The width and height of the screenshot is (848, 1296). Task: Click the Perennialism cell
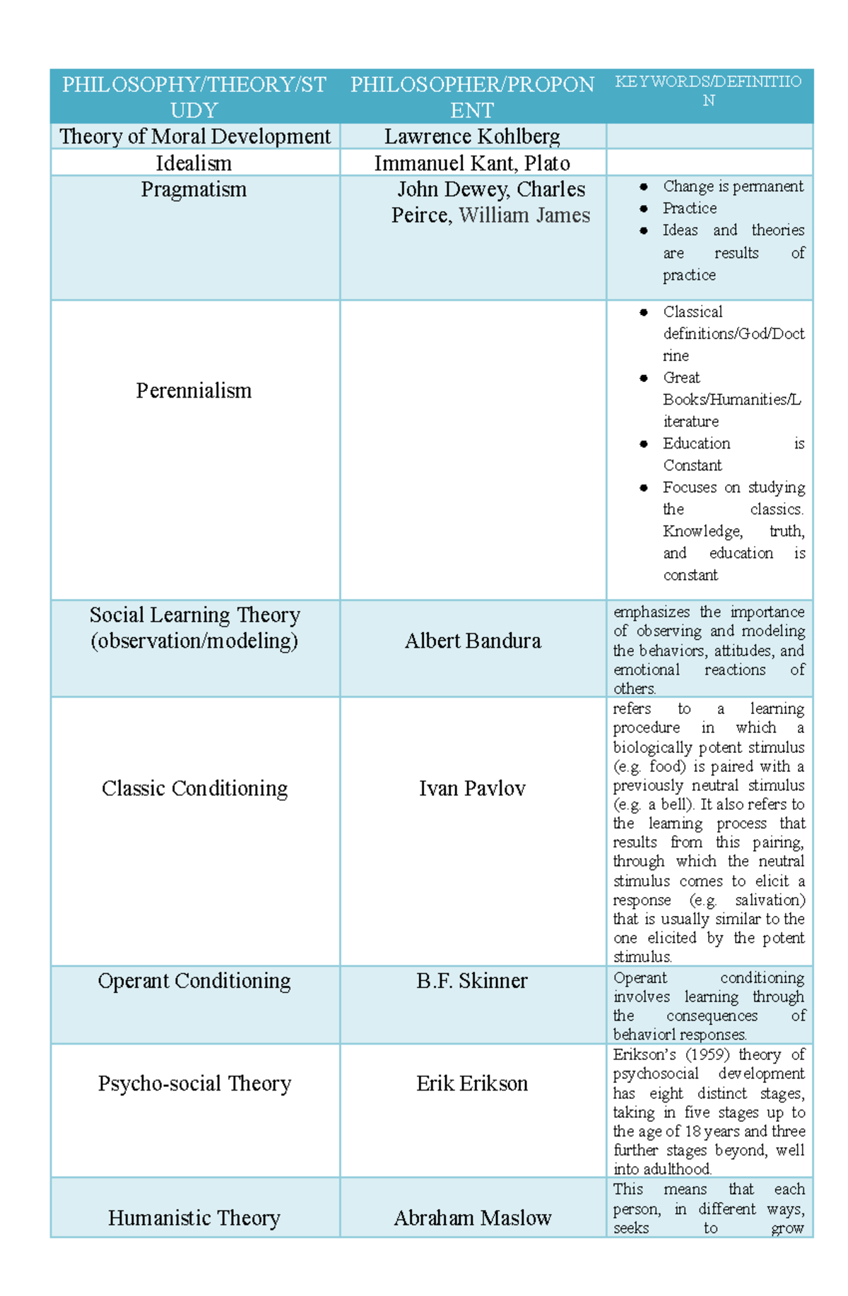coord(194,391)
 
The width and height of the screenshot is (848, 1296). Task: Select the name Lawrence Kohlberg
coord(472,136)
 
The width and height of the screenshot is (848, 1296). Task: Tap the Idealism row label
coord(194,163)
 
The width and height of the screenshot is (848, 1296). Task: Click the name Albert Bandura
coord(473,641)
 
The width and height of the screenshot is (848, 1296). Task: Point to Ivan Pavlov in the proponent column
coord(472,788)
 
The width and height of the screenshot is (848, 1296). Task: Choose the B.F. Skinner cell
coord(471,980)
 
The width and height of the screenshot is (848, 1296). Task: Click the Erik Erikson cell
coord(472,1083)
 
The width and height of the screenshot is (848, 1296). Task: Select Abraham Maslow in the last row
coord(472,1218)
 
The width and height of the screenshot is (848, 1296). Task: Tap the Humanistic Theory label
coord(194,1218)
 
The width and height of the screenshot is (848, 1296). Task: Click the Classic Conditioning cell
coord(194,788)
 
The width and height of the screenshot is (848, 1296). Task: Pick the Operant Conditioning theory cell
coord(194,980)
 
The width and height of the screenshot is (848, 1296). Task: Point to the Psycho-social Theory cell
coord(194,1083)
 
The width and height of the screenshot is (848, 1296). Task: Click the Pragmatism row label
coord(194,189)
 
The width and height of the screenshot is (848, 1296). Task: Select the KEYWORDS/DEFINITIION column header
coord(708,90)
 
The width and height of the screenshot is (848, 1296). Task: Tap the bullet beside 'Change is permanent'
coord(644,187)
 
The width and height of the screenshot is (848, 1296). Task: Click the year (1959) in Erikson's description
coord(707,1054)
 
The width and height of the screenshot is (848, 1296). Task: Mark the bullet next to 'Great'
coord(644,378)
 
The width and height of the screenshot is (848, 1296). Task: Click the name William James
coord(524,215)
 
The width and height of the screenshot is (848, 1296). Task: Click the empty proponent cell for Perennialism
coord(473,450)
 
